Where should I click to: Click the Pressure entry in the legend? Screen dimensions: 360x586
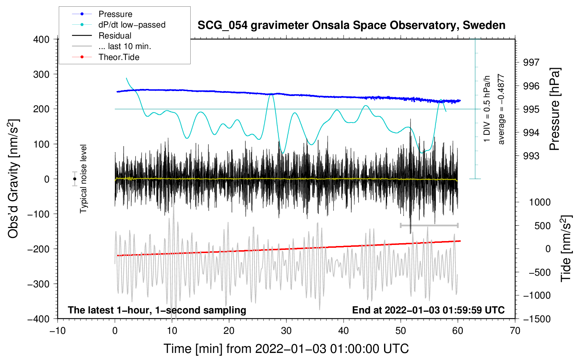115,14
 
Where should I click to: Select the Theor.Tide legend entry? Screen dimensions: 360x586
119,57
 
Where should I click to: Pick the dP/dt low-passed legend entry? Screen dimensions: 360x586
132,25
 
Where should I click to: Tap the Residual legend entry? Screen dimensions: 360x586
115,36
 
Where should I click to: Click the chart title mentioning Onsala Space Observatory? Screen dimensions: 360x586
351,25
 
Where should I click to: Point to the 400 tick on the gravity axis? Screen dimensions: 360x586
41,40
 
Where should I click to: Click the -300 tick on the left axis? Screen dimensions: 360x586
38,284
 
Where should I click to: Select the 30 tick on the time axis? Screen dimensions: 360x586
286,331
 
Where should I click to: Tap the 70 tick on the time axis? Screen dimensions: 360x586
515,331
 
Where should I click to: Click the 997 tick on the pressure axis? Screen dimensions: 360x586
531,62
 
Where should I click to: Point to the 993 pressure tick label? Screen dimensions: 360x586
531,156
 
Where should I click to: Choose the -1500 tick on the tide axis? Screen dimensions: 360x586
537,319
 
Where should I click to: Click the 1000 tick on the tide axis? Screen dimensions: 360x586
540,202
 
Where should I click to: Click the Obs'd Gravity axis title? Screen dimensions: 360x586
13,179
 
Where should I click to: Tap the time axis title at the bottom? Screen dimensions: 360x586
286,349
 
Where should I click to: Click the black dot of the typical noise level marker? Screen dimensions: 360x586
74,179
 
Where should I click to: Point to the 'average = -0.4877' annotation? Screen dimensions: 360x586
501,109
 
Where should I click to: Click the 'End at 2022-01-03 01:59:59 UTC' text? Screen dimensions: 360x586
428,310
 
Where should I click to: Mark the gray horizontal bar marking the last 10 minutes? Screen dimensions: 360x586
429,225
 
